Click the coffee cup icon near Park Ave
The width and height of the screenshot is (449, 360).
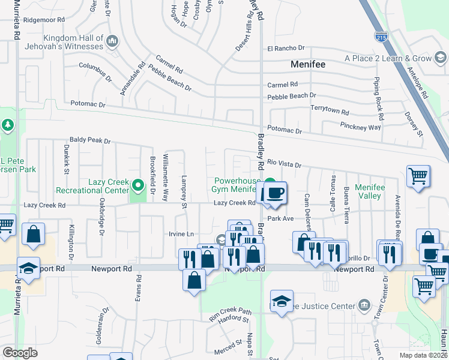point(275,193)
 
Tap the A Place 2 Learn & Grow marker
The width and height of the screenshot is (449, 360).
point(440,58)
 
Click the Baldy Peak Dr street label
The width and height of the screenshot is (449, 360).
point(90,141)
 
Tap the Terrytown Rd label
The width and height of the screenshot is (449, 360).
point(330,112)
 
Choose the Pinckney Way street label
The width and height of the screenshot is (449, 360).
point(358,128)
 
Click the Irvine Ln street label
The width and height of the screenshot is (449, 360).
point(181,233)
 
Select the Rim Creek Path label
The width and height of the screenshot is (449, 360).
point(229,311)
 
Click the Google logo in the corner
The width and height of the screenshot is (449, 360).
point(20,352)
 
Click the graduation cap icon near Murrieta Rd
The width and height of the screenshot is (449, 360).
point(28,268)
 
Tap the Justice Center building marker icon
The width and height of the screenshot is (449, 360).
point(364,306)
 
